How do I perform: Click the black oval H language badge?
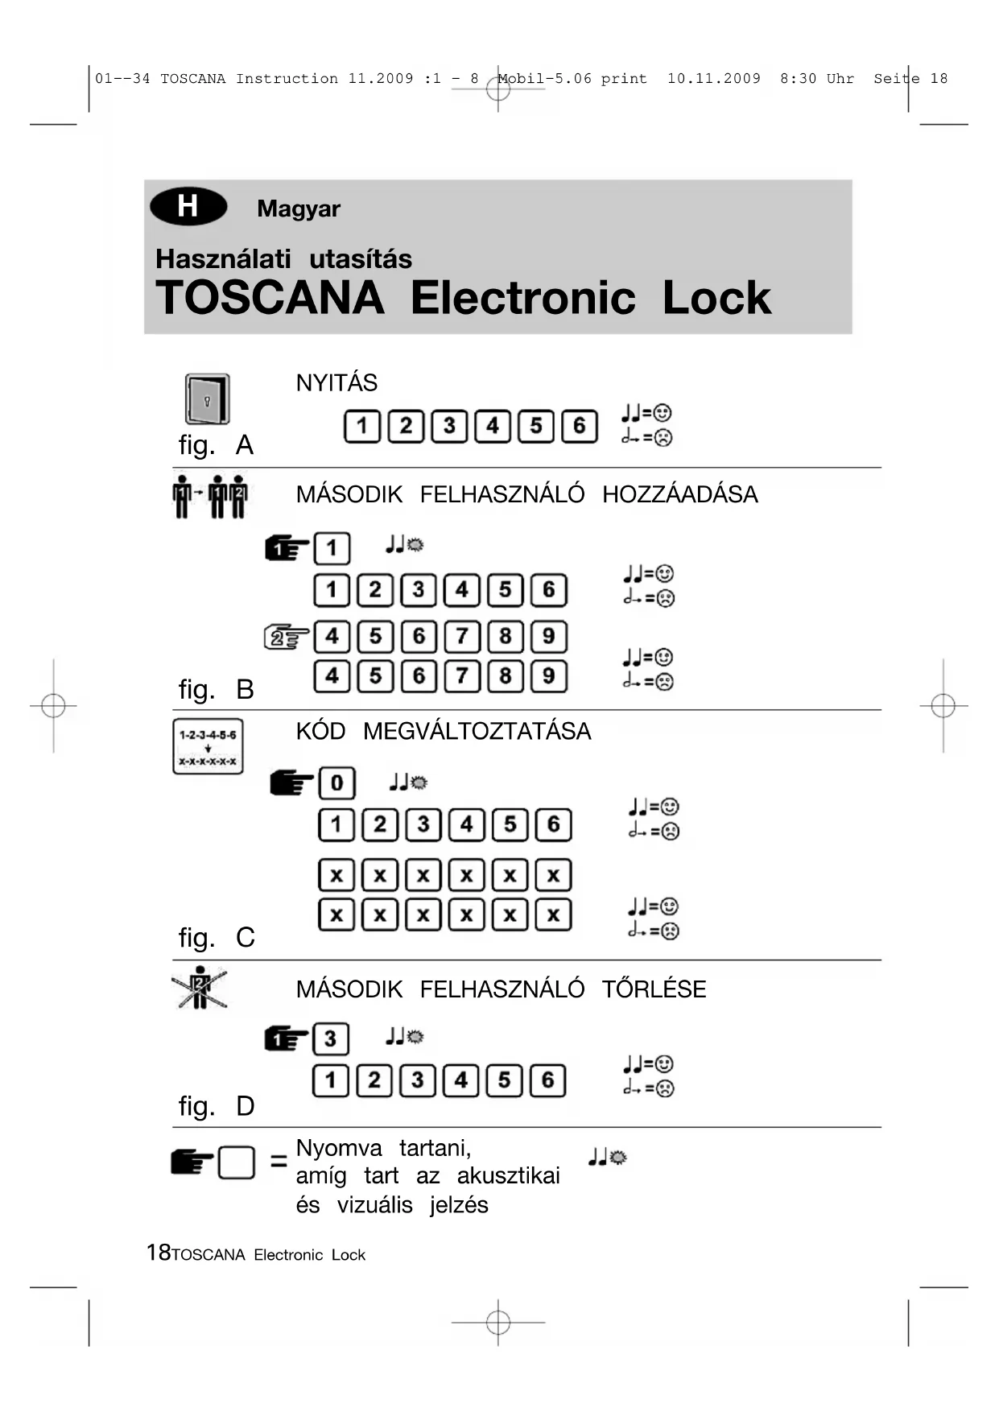188,207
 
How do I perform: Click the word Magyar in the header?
299,208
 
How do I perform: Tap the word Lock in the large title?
716,298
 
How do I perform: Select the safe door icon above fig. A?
208,398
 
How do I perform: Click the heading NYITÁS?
336,383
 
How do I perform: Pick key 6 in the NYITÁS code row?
579,427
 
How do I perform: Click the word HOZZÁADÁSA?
680,494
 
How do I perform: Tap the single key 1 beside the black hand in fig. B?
332,549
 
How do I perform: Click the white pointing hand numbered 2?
287,638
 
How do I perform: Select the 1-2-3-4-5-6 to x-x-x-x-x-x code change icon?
208,747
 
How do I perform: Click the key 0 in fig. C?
336,783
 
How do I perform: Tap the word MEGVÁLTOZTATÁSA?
477,732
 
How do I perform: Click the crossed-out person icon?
200,988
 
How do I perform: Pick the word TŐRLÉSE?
654,989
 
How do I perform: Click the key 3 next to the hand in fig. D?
330,1039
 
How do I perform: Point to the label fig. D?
216,1106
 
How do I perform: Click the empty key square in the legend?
237,1162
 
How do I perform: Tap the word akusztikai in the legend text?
508,1176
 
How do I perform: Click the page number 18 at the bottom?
158,1253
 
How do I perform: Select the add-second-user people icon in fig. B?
210,497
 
